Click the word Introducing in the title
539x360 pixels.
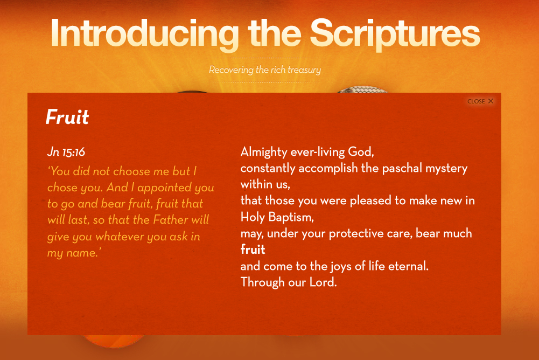pos(145,34)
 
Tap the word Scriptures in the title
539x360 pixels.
pos(395,34)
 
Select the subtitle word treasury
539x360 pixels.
pos(304,70)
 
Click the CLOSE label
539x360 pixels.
pos(476,101)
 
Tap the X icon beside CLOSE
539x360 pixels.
pos(491,101)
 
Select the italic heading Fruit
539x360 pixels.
pos(67,116)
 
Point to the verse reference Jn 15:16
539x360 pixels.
pos(66,152)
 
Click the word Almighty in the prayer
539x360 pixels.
pos(264,152)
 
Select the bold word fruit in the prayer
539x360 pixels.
pos(253,249)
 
